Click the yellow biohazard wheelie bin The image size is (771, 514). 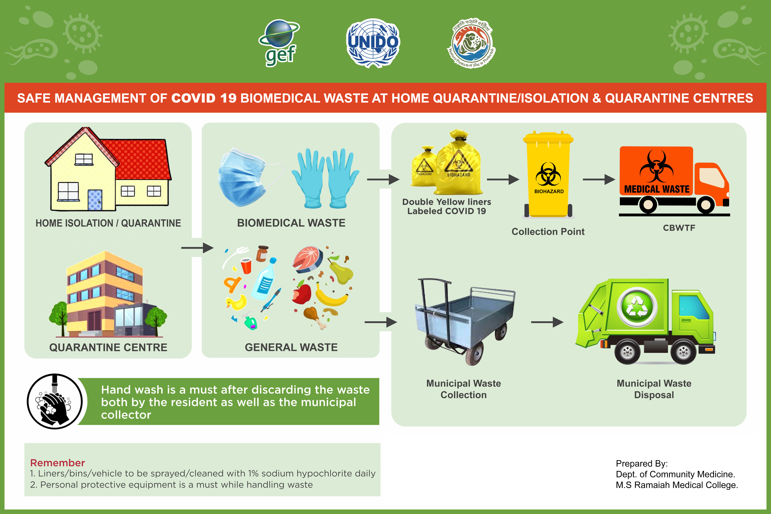(548, 175)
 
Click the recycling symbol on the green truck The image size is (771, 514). (637, 307)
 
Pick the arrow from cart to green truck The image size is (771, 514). (547, 322)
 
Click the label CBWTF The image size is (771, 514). (679, 228)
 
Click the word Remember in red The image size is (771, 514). (57, 462)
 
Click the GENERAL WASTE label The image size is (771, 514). (291, 347)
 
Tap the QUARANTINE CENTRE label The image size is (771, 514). (108, 347)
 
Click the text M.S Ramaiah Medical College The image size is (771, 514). (677, 485)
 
